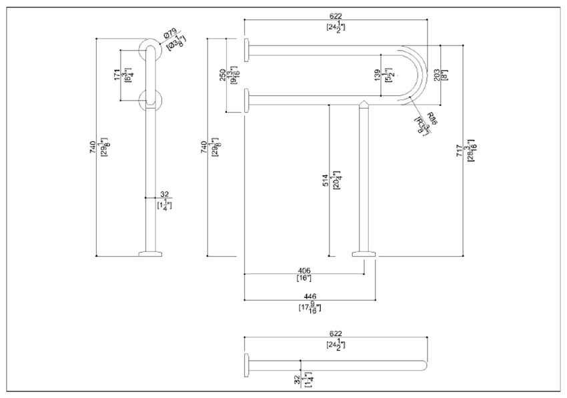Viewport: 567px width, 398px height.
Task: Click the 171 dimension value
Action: point(116,75)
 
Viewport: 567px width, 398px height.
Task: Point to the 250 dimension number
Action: point(223,75)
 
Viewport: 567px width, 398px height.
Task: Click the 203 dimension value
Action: point(436,74)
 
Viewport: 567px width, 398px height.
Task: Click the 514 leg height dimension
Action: point(326,180)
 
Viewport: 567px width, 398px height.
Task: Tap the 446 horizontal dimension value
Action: point(309,296)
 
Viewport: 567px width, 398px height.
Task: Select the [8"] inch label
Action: point(445,74)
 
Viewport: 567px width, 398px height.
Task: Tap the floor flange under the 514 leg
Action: point(364,253)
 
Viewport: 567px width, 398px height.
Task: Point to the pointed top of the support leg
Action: point(364,103)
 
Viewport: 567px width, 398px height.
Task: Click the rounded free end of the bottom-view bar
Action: point(424,365)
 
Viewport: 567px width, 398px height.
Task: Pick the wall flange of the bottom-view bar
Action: point(247,365)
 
